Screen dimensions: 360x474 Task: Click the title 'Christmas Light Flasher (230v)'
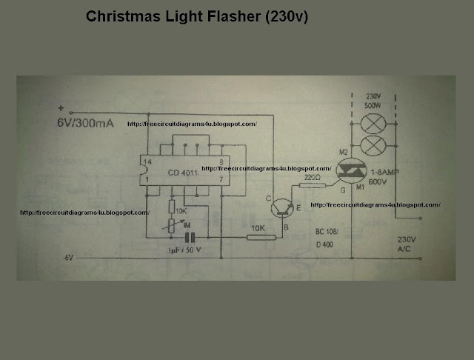pyautogui.click(x=197, y=16)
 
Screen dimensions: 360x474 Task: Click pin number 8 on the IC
pyautogui.click(x=221, y=161)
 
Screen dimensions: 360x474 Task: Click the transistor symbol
pyautogui.click(x=280, y=207)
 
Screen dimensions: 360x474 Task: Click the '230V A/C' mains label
pyautogui.click(x=408, y=245)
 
